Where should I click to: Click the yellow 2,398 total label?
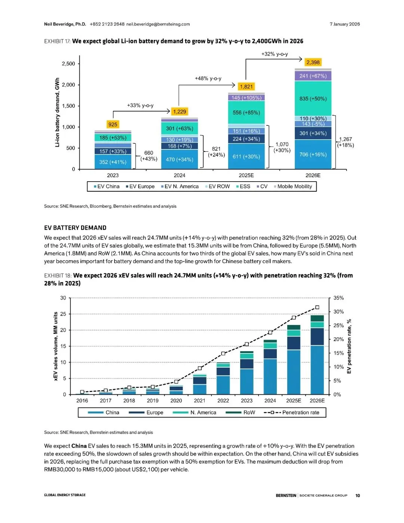[313, 62]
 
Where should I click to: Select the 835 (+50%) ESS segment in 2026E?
[313, 98]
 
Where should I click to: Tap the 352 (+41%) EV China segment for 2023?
[113, 162]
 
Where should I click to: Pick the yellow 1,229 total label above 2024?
[180, 112]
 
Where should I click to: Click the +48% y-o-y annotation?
[208, 78]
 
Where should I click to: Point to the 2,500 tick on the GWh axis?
[68, 64]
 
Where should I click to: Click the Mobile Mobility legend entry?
[293, 186]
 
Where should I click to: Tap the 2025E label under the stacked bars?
[246, 175]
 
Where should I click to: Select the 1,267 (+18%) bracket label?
[345, 142]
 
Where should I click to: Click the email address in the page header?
[158, 24]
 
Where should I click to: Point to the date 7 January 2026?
[345, 24]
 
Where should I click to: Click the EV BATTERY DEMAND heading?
[75, 228]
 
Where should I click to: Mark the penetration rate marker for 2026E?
[317, 307]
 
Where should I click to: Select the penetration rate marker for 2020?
[176, 381]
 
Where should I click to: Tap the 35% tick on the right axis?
[339, 298]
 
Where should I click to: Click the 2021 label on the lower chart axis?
[199, 401]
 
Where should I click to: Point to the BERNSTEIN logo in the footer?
[286, 495]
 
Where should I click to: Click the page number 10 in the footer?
[358, 495]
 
